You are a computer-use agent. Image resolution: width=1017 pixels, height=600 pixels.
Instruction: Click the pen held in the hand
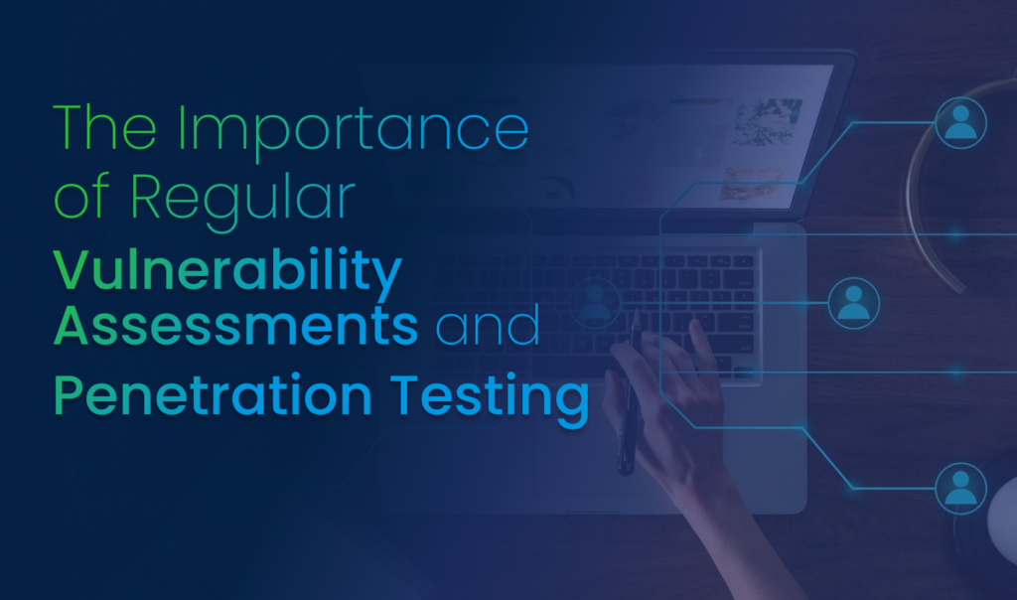pos(628,397)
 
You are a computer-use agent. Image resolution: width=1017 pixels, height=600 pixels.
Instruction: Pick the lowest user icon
pos(960,488)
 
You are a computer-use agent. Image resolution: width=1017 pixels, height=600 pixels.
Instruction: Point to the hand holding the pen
pos(675,397)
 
